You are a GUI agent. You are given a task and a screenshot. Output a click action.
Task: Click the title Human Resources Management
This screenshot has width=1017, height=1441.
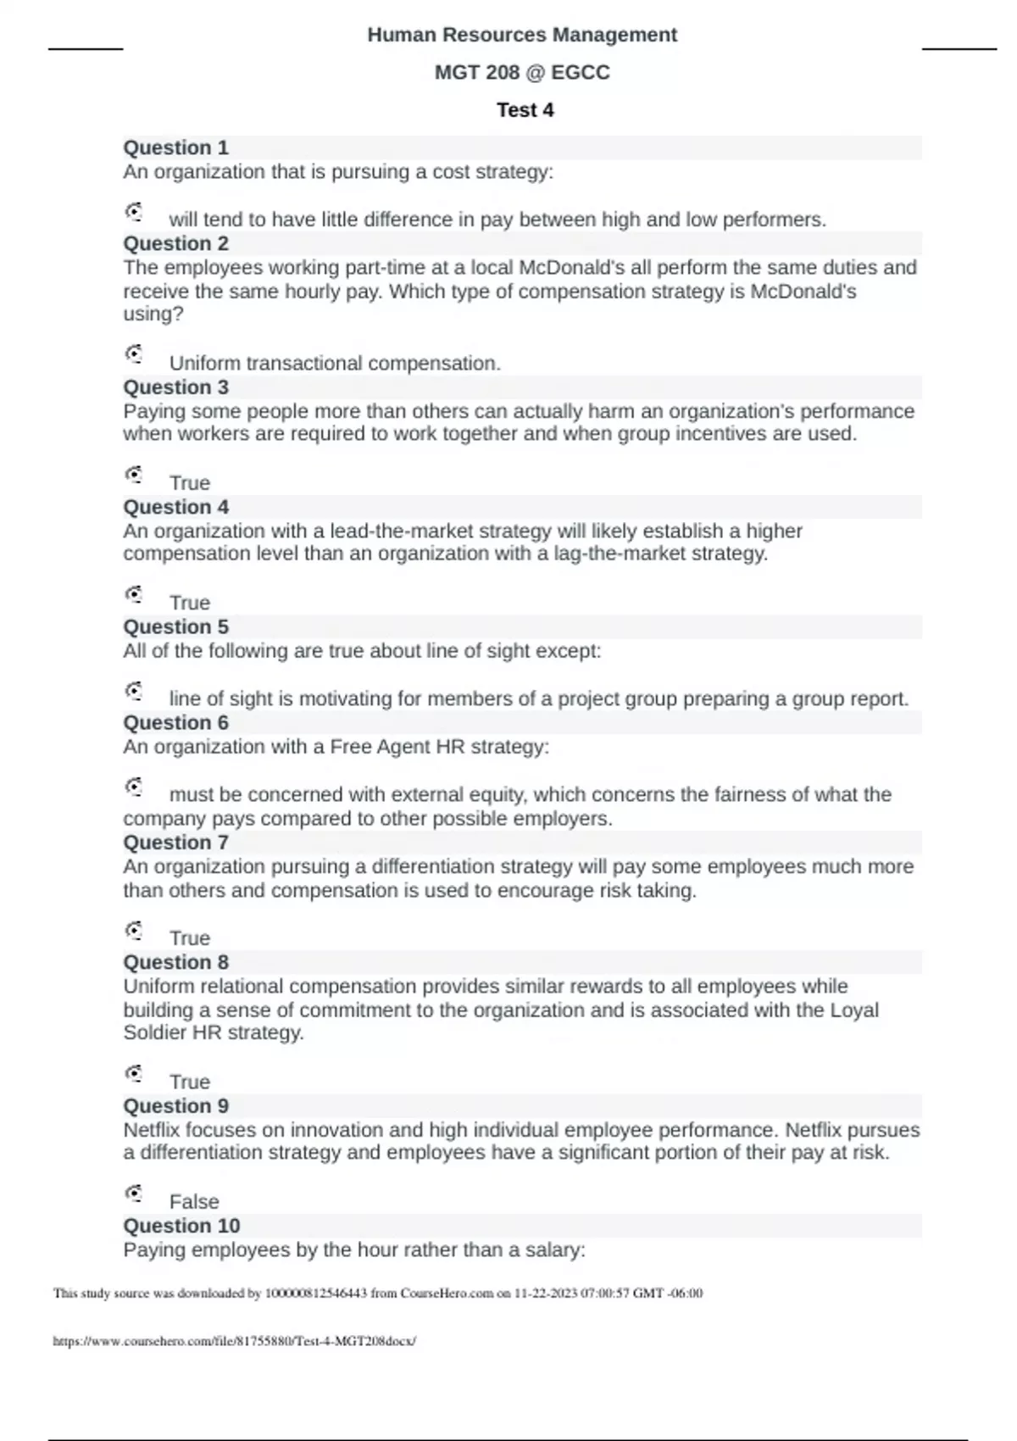[522, 35]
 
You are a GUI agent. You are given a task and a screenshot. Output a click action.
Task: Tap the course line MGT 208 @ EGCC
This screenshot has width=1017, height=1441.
[522, 73]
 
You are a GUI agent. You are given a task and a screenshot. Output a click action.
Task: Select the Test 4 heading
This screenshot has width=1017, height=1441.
[525, 110]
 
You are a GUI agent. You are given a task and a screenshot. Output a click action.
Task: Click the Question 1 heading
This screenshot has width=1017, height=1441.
[176, 147]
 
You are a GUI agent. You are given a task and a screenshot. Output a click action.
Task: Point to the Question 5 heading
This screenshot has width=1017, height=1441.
[176, 627]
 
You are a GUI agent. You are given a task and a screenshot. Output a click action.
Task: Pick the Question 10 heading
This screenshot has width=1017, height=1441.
[181, 1226]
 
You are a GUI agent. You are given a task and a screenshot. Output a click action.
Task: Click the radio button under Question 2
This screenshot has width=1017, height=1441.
[134, 353]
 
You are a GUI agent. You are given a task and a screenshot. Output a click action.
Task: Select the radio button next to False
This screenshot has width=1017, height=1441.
[134, 1193]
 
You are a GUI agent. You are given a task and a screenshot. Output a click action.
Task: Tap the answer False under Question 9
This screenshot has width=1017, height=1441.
[194, 1202]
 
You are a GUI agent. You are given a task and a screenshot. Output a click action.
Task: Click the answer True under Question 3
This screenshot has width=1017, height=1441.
[190, 483]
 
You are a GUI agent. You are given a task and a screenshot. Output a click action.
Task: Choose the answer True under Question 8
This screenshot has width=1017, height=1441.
[190, 1082]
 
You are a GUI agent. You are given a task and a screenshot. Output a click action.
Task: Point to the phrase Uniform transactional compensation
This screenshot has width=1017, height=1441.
[335, 364]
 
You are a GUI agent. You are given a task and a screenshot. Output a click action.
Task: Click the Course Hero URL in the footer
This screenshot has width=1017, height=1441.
[235, 1341]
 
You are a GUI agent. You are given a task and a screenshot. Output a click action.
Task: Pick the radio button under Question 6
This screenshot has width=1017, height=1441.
[134, 787]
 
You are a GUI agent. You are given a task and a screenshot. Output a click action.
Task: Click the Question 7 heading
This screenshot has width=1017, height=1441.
[176, 843]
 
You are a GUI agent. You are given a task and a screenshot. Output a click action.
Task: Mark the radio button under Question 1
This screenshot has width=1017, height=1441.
[134, 211]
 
